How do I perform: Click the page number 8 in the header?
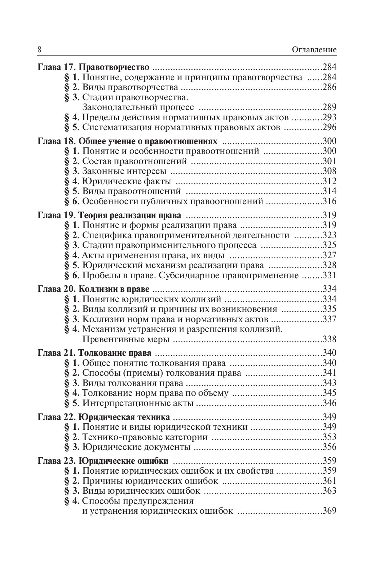pyautogui.click(x=39, y=50)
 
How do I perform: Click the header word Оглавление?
pyautogui.click(x=314, y=50)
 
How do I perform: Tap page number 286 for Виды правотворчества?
pyautogui.click(x=329, y=87)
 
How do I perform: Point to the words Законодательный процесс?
pyautogui.click(x=138, y=107)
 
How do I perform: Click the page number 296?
pyautogui.click(x=329, y=127)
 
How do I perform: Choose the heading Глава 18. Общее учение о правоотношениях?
pyautogui.click(x=127, y=141)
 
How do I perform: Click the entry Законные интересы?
pyautogui.click(x=124, y=171)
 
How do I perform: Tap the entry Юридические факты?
pyautogui.click(x=127, y=181)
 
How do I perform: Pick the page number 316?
pyautogui.click(x=329, y=201)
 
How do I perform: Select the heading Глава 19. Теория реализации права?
pyautogui.click(x=109, y=215)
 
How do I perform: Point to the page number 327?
pyautogui.click(x=329, y=255)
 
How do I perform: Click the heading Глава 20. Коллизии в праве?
pyautogui.click(x=93, y=289)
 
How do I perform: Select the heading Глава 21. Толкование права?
pyautogui.click(x=94, y=353)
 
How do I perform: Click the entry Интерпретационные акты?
pyautogui.click(x=138, y=403)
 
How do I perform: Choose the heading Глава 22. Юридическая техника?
pyautogui.click(x=104, y=417)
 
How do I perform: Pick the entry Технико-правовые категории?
pyautogui.click(x=145, y=437)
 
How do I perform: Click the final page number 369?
pyautogui.click(x=329, y=511)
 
